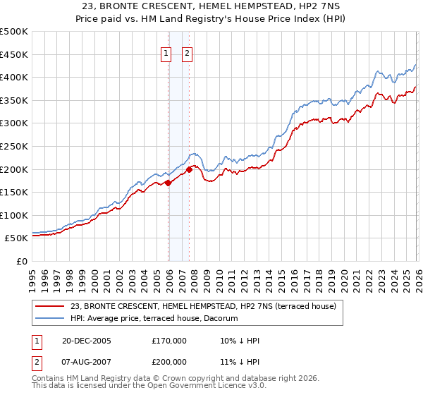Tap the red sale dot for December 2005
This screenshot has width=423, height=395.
168,183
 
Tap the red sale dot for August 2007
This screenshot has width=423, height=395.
190,169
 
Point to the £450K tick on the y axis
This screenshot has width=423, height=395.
14,54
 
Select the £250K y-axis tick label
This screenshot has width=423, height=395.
14,147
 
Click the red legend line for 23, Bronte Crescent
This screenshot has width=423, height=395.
51,306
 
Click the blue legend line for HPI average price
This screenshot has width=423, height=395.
51,318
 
